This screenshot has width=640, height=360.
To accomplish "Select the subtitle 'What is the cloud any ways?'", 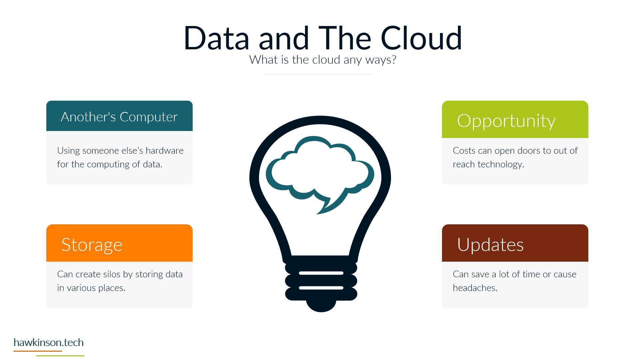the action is click(323, 60).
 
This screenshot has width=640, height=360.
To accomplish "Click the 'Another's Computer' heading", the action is click(119, 117).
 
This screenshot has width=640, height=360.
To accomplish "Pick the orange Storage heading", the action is click(92, 245).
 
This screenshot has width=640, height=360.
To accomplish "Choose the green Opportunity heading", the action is click(506, 121).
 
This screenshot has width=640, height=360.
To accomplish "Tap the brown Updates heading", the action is click(490, 245).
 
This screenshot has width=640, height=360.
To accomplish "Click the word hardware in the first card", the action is click(164, 150).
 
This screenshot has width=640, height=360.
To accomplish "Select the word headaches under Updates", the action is click(475, 288).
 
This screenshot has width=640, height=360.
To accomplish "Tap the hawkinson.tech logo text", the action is click(48, 342).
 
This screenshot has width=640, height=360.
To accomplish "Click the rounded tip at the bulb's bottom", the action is click(321, 306).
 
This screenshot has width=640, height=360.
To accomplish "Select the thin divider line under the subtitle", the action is click(317, 74).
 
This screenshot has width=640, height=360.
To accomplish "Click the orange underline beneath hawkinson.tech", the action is click(38, 351).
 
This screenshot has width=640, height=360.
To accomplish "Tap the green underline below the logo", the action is click(60, 356).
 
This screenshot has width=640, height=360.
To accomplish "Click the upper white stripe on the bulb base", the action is click(321, 273).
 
